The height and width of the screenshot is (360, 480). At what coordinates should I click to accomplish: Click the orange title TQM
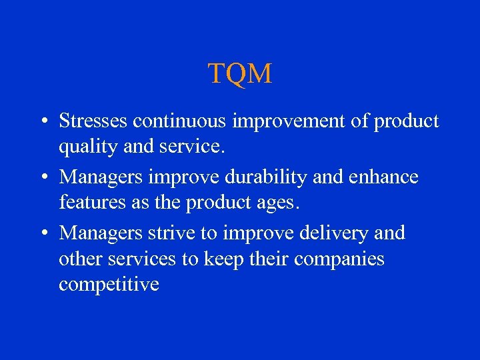240,73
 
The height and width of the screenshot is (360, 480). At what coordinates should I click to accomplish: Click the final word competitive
109,284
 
